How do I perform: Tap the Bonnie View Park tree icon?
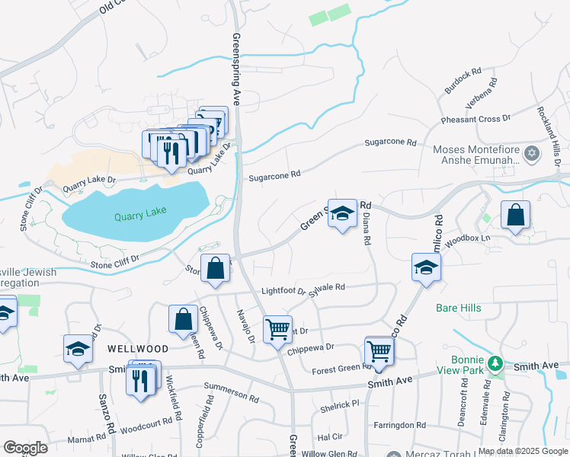(x=495, y=363)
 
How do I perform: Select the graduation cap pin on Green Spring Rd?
(x=342, y=213)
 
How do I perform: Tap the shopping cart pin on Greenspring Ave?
(x=277, y=329)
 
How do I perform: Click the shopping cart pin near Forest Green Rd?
(x=379, y=350)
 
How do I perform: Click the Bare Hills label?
(x=458, y=308)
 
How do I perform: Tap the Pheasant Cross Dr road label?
(x=476, y=120)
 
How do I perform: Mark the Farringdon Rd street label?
(x=399, y=424)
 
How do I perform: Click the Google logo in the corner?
(x=25, y=448)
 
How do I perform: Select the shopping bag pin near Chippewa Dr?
(x=184, y=320)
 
